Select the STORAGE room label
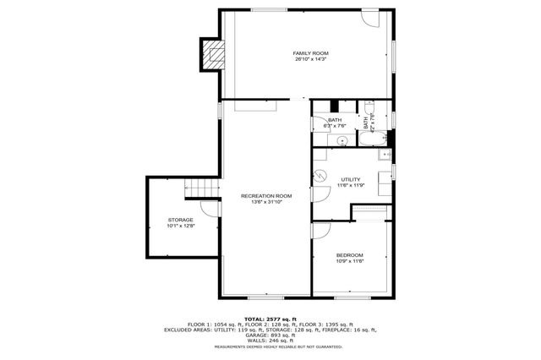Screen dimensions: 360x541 180,220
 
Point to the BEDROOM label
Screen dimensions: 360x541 349,255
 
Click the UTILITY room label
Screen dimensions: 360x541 351,179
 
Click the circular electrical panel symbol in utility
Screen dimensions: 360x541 321,176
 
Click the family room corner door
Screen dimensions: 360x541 372,18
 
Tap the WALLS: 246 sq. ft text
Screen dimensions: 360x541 270,340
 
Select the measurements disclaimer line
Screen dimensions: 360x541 270,346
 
